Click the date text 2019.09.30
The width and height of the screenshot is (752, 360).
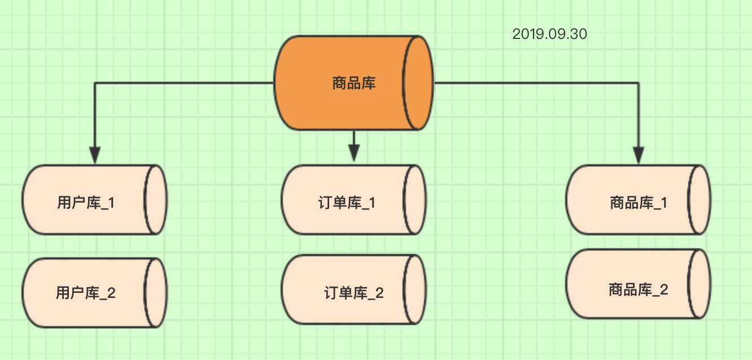point(549,34)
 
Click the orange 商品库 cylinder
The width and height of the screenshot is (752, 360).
point(339,84)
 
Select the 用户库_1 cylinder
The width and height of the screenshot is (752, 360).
point(85,200)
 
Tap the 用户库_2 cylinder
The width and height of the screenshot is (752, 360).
point(85,293)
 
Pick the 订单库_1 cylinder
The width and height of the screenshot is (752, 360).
point(344,200)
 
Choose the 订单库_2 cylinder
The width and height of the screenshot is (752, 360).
point(344,289)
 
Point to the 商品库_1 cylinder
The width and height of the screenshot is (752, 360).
point(629,200)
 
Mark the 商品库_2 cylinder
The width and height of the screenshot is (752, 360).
point(629,284)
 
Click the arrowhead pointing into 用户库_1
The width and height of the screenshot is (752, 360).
point(95,155)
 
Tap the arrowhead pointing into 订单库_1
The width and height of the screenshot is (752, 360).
point(354,152)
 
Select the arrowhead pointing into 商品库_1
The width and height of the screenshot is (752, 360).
point(639,155)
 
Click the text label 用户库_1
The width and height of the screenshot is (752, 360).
point(86,203)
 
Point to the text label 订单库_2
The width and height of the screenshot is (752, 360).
point(354,293)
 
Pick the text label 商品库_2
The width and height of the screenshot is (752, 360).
point(639,290)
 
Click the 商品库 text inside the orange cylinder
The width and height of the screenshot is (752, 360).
point(354,84)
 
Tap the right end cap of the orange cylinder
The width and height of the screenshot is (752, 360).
point(418,84)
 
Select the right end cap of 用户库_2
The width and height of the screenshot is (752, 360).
point(156,293)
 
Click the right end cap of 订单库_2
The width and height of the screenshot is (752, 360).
point(414,289)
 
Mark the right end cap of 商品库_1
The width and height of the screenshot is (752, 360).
point(699,200)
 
